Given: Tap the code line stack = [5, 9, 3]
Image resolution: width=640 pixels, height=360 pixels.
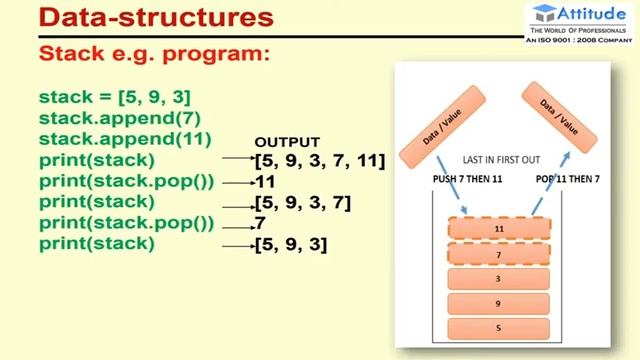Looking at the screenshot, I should click(x=114, y=97).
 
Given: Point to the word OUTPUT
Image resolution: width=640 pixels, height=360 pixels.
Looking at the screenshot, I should click(x=287, y=142).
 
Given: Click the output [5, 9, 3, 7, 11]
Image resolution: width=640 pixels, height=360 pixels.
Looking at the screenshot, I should click(x=320, y=160).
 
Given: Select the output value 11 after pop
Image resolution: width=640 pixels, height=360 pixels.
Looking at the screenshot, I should click(x=265, y=182).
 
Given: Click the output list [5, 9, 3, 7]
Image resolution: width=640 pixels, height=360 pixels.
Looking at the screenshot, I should click(x=302, y=203).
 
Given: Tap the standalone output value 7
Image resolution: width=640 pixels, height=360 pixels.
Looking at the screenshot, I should click(x=260, y=223).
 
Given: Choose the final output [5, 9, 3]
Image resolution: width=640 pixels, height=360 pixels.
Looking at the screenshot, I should click(x=291, y=244).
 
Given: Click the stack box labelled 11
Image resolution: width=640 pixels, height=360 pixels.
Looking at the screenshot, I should click(x=499, y=229).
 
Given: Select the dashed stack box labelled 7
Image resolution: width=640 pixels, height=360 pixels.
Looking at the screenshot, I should click(x=499, y=256).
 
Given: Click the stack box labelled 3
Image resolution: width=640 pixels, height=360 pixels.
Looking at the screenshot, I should click(x=499, y=279).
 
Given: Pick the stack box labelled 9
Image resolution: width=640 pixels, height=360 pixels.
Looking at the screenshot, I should click(x=499, y=303).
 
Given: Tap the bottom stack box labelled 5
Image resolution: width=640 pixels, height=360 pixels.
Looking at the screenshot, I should click(x=499, y=327).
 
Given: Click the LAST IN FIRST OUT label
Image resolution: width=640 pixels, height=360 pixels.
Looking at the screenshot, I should click(x=503, y=159).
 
